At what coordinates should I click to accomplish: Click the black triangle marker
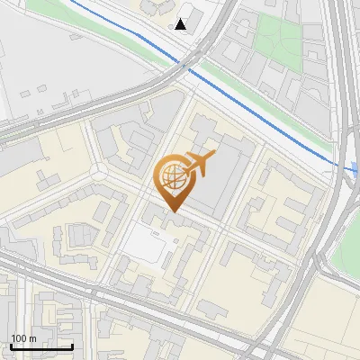point(181,24)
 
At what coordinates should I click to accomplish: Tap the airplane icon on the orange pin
point(200,163)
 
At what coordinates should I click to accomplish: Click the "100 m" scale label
point(22,338)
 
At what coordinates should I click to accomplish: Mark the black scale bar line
point(41,346)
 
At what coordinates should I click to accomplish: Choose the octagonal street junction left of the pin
point(97,172)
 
